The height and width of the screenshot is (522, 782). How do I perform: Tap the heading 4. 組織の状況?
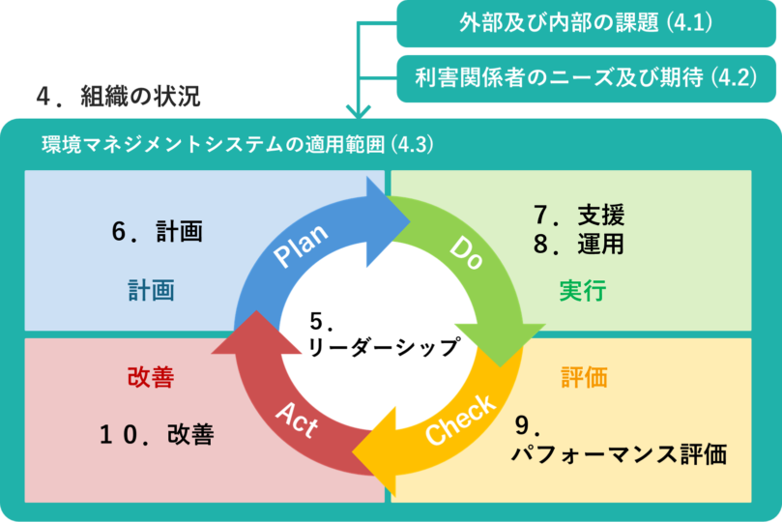[117, 98]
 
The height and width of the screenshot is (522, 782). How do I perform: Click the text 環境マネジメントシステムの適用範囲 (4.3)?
[238, 145]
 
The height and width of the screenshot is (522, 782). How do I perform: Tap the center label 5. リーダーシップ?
[381, 334]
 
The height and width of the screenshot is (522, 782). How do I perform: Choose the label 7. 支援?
[579, 215]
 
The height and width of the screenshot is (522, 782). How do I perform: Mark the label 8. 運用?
[579, 244]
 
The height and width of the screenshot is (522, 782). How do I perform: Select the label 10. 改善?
[156, 434]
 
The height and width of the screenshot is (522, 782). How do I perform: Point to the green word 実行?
[582, 290]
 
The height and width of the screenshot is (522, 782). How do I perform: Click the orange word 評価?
[585, 377]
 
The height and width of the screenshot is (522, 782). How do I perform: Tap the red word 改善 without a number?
[150, 377]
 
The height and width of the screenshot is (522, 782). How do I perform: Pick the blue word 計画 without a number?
[151, 290]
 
